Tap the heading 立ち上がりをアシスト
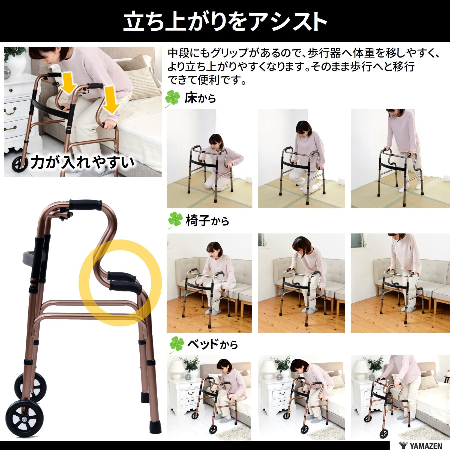tap(225, 21)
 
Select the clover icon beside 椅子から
tap(175, 221)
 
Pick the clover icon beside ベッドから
tap(176, 344)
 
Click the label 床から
tap(200, 98)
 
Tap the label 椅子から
tap(207, 221)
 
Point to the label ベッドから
tap(212, 344)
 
